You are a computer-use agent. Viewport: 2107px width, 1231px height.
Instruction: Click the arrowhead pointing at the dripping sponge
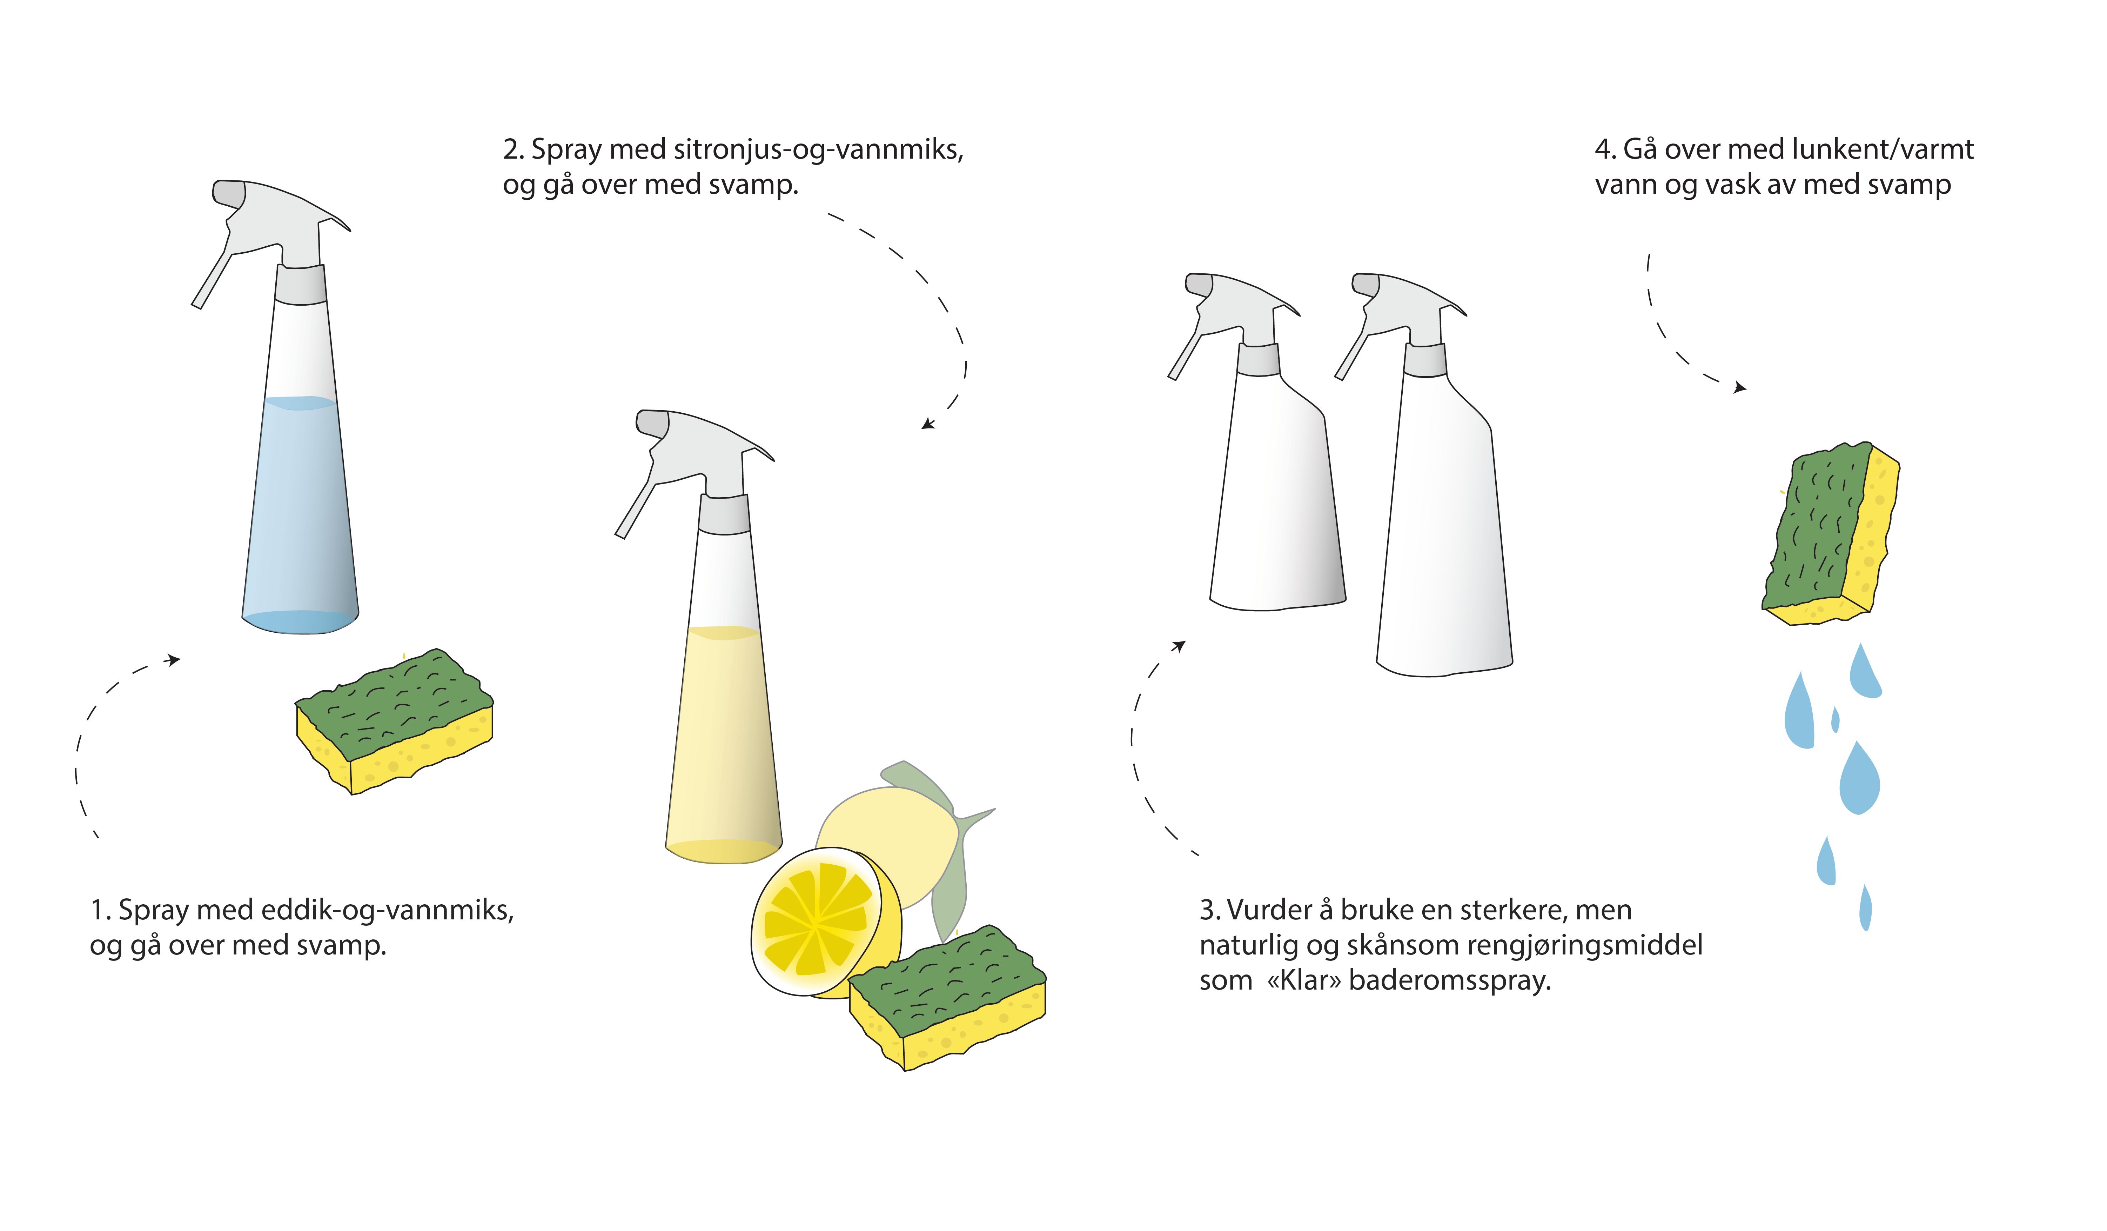1740,387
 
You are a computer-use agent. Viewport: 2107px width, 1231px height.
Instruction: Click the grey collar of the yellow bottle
724,514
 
